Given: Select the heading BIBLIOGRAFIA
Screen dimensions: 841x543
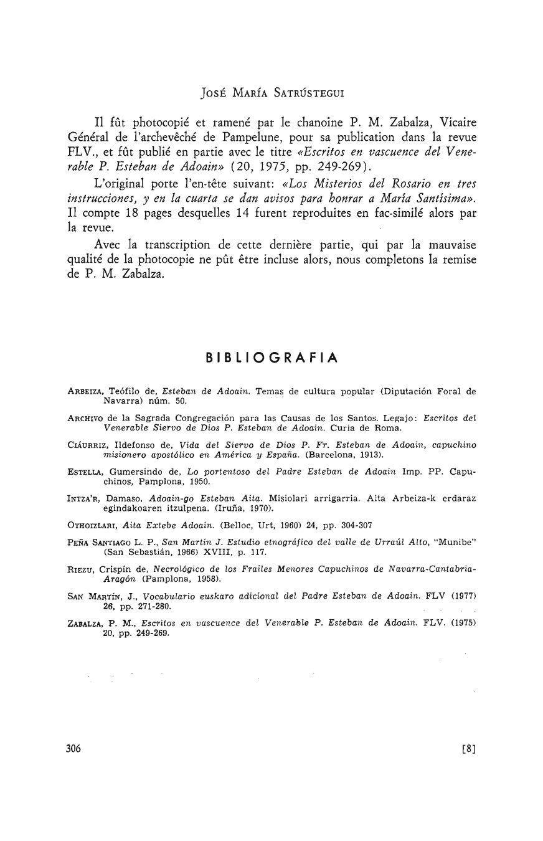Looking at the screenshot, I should tap(272, 358).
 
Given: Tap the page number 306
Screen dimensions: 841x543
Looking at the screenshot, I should tap(73, 749).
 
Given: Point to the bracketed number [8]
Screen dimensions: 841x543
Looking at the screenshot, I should tap(468, 749).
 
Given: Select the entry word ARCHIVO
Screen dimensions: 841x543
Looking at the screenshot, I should tap(85, 418).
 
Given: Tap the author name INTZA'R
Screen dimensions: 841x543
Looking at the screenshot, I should tap(83, 498).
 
